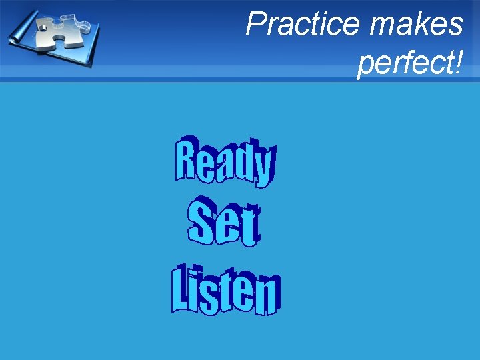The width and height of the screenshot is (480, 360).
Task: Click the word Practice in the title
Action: (x=303, y=25)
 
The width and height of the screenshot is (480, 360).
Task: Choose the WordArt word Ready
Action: (x=224, y=160)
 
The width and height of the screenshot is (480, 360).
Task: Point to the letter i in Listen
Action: (x=194, y=291)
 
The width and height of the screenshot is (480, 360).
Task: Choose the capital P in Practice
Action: (x=256, y=25)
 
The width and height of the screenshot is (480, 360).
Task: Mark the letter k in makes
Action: (x=420, y=25)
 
